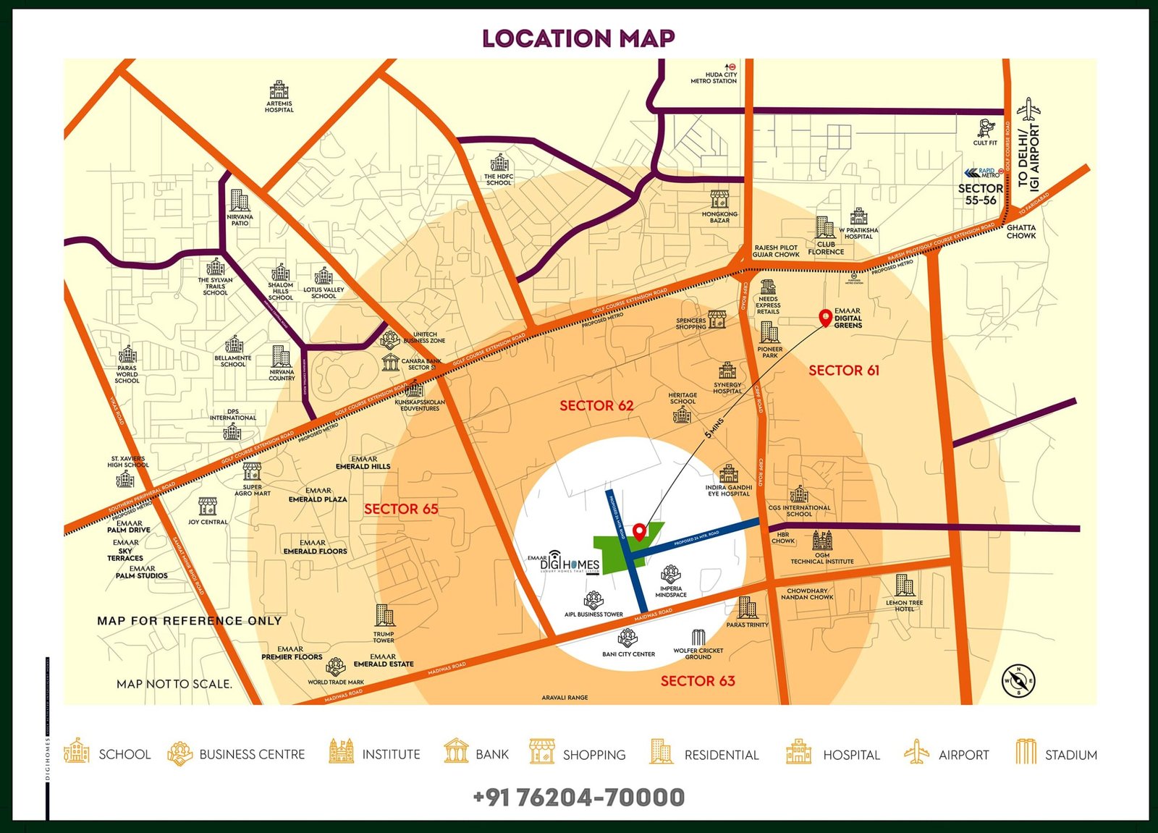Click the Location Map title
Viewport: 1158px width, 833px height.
click(x=578, y=38)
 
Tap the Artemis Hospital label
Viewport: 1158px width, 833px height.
click(x=279, y=106)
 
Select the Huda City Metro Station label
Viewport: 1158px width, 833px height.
click(x=714, y=77)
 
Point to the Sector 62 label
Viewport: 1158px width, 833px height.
click(x=596, y=406)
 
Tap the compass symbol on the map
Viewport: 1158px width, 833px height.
click(x=1018, y=680)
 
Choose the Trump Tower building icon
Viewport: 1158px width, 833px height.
click(x=384, y=616)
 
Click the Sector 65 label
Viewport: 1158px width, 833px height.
click(x=401, y=509)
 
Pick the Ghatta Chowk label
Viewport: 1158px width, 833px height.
click(x=1020, y=232)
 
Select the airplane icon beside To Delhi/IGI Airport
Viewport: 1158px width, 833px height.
click(x=1028, y=111)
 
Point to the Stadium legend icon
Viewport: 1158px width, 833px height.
click(x=1025, y=752)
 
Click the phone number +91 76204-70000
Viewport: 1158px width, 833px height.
click(x=578, y=798)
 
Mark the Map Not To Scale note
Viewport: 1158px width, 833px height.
click(x=174, y=684)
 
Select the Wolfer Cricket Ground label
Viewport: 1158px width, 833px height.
click(x=698, y=654)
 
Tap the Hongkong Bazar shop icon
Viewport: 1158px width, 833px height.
click(x=719, y=198)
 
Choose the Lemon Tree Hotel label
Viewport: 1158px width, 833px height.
click(x=904, y=606)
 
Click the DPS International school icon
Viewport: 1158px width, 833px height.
click(x=232, y=432)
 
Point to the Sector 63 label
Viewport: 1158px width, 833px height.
click(x=698, y=681)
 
